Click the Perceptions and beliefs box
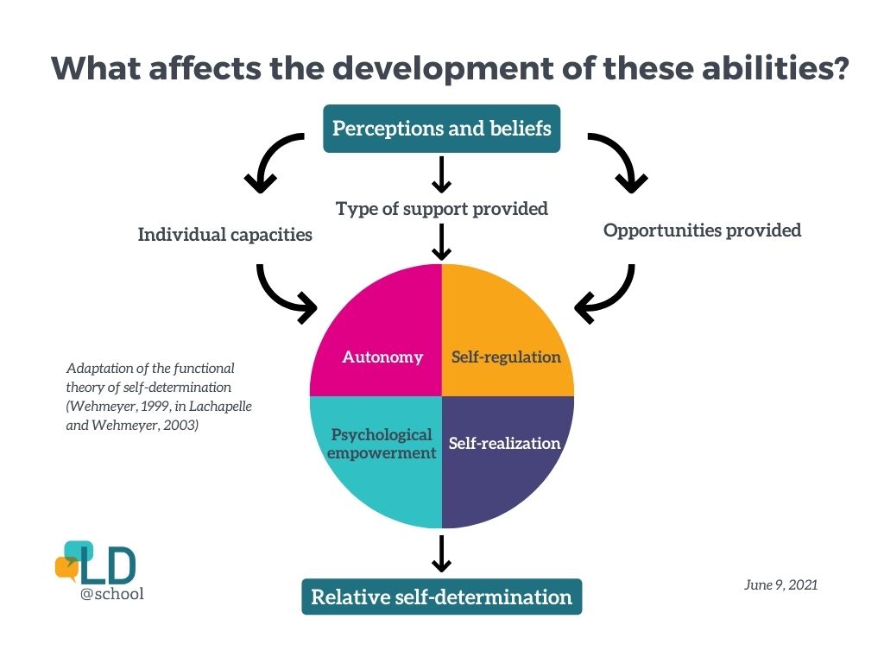pos(441,129)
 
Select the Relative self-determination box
pos(441,597)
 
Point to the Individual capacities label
pos(224,234)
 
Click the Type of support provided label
pos(441,208)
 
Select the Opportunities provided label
pos(702,230)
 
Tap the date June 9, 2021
pos(780,584)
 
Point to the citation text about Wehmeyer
pos(159,396)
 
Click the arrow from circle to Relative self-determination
pos(441,553)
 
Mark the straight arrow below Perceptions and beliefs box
pos(441,175)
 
